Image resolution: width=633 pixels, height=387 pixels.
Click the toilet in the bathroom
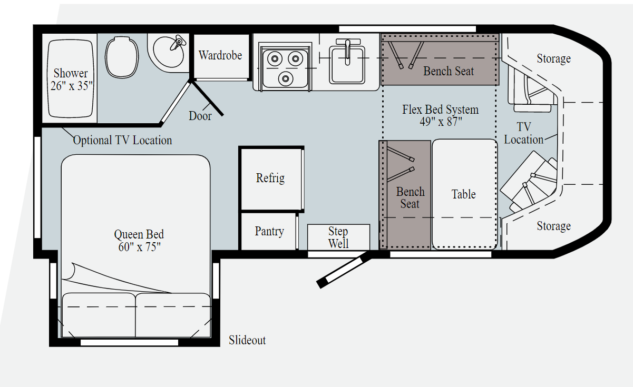click(122, 57)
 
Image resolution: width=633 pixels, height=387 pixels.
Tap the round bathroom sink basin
click(169, 52)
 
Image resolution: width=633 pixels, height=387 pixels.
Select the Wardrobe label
click(220, 55)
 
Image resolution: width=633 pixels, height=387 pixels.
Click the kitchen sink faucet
click(347, 51)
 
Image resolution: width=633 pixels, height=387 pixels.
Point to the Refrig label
click(270, 178)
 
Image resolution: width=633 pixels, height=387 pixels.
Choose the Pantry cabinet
click(269, 231)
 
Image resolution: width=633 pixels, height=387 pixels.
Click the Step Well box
click(338, 237)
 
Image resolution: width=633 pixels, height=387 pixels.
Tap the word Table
click(463, 194)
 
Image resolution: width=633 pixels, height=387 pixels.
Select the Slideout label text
click(247, 340)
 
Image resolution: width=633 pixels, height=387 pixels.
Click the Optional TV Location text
click(122, 140)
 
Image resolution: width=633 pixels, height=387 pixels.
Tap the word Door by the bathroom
click(200, 116)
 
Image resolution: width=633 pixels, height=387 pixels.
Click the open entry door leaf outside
click(344, 270)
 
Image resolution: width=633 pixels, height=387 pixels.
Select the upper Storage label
click(553, 59)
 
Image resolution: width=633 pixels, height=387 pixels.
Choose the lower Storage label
click(553, 226)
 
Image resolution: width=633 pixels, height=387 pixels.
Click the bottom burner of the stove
click(286, 78)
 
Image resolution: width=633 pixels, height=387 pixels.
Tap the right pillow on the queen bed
click(173, 315)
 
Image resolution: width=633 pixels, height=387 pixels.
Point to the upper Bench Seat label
click(449, 71)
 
